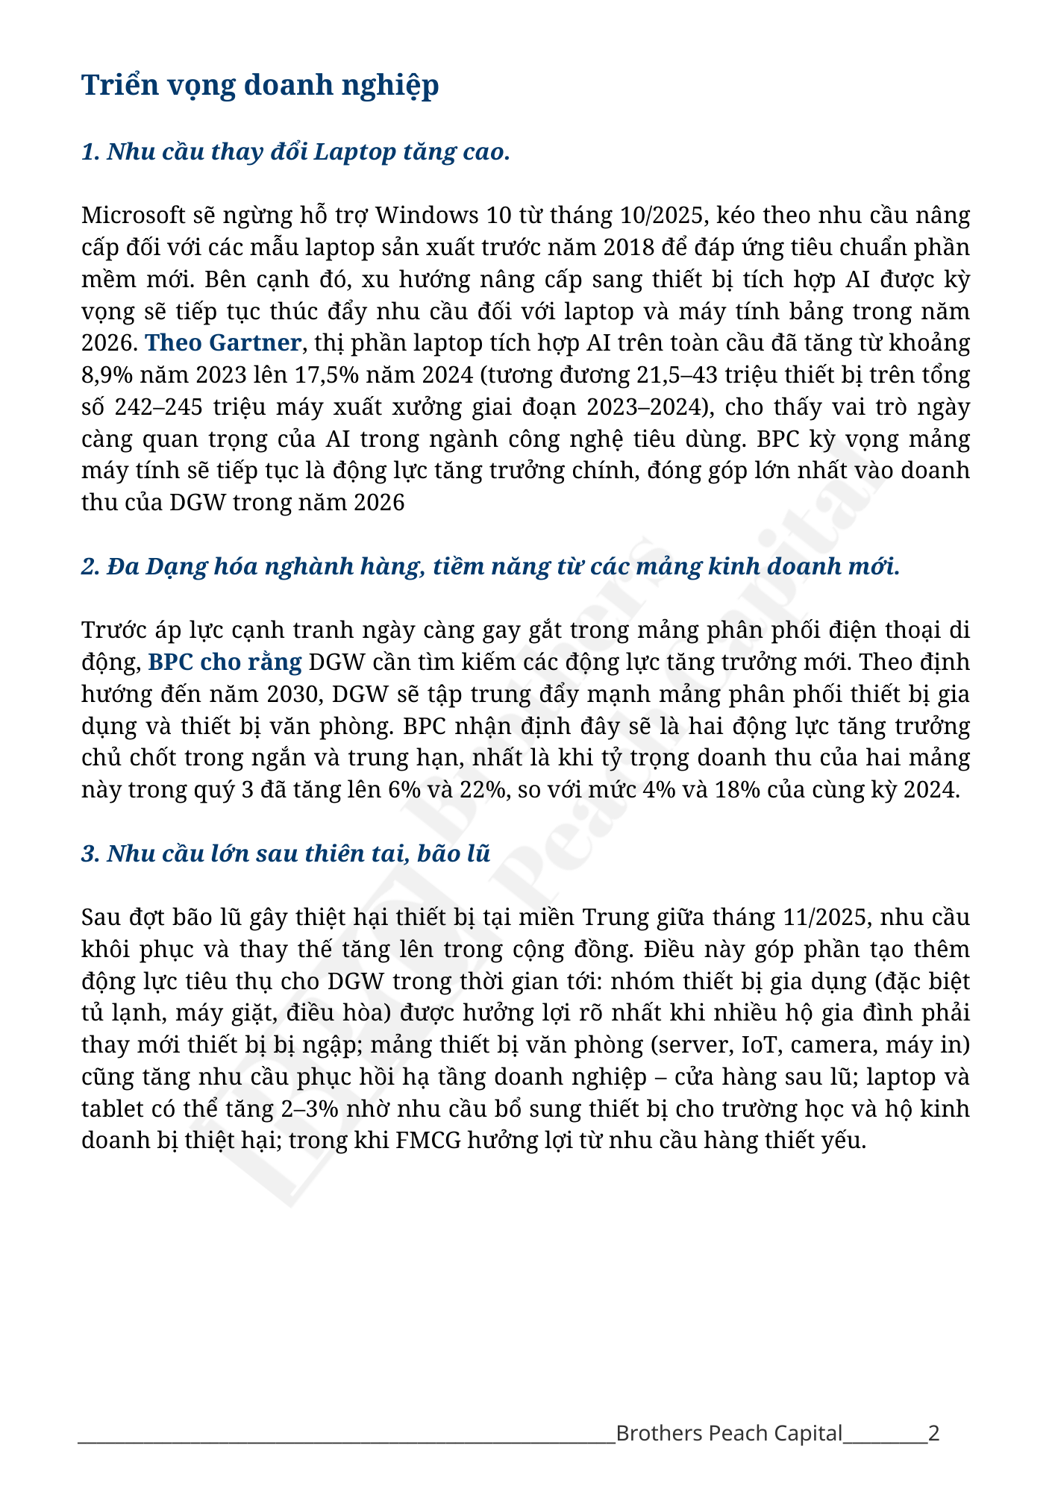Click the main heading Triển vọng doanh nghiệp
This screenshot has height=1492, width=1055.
(x=260, y=85)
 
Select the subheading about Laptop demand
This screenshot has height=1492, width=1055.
(x=295, y=151)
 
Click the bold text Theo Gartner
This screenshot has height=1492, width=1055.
(x=223, y=342)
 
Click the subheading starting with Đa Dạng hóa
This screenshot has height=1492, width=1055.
(x=490, y=566)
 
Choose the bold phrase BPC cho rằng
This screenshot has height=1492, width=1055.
(x=225, y=662)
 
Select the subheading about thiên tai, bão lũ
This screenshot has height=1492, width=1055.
(x=286, y=853)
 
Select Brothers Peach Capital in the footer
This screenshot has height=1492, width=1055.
(x=729, y=1433)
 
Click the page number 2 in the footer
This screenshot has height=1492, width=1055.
(x=933, y=1433)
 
